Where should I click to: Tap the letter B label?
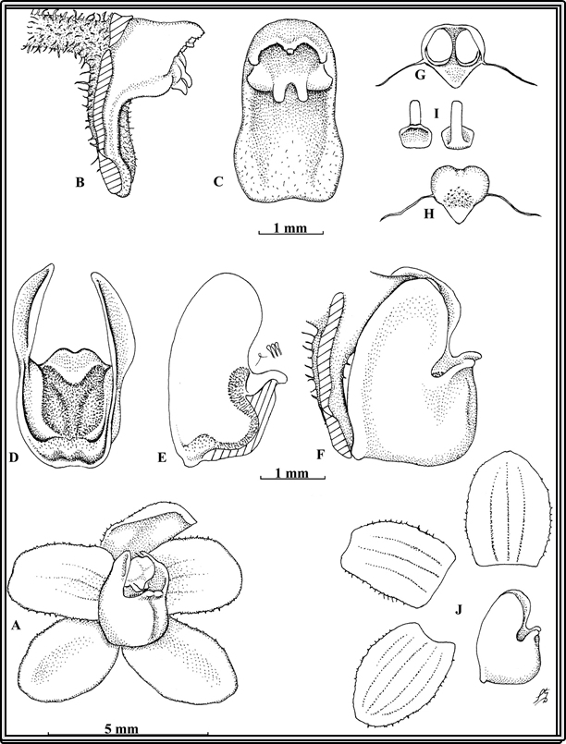(x=80, y=182)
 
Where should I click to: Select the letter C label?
(x=218, y=182)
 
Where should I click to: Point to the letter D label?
(x=13, y=457)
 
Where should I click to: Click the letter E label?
(x=162, y=457)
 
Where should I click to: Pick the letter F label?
(x=321, y=456)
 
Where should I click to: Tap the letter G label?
(x=419, y=74)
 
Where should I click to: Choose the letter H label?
(x=429, y=214)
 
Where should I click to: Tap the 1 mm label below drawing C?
(x=290, y=228)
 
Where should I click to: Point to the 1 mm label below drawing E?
(x=291, y=472)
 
